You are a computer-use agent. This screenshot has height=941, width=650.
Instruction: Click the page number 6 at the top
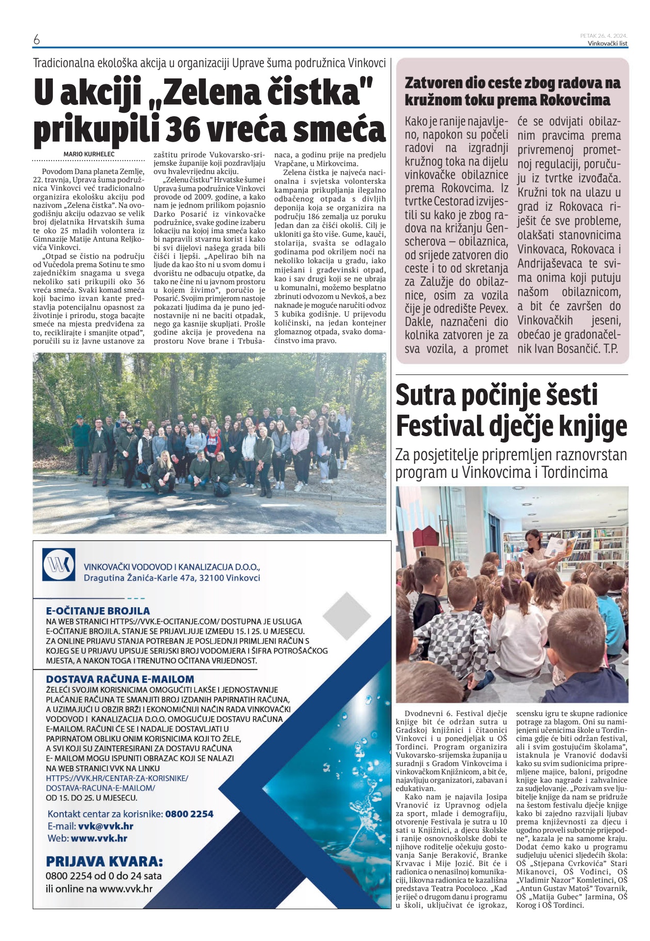36,40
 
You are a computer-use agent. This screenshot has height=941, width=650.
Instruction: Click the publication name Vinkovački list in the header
607,43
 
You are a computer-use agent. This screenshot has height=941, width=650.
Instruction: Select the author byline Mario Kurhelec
89,154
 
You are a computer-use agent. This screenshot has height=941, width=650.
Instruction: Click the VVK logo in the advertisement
59,565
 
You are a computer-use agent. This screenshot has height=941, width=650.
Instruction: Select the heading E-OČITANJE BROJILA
98,611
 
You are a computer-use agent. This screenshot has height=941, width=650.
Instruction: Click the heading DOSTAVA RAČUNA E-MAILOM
120,679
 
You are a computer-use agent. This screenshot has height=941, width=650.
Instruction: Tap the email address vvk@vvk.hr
105,826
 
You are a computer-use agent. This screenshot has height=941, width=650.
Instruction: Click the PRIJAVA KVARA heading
104,861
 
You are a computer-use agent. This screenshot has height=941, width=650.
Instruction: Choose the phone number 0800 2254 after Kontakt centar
189,814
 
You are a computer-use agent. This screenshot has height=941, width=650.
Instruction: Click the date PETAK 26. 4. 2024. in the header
603,35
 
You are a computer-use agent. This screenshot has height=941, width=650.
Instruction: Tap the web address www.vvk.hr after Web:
99,838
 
